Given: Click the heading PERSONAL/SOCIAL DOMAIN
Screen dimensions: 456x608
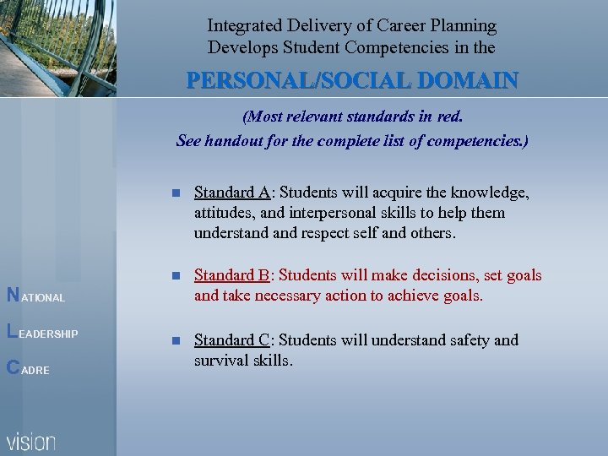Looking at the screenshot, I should (x=352, y=81).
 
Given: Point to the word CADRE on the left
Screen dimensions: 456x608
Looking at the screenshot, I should (x=30, y=369).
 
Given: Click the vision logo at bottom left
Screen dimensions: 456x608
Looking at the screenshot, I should (x=32, y=441).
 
